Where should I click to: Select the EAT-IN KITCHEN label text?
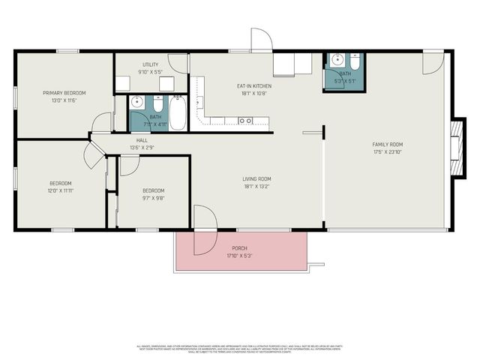[256, 86]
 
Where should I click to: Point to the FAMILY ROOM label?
[388, 144]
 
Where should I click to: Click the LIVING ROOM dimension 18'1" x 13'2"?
[256, 186]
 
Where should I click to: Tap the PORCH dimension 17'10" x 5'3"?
[239, 256]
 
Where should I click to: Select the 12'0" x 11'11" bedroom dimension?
[61, 190]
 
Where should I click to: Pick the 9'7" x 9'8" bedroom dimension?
[153, 198]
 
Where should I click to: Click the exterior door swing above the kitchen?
[259, 42]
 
